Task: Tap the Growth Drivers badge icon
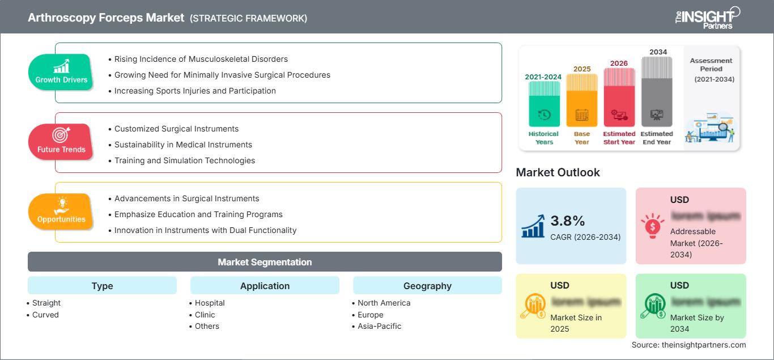(x=61, y=66)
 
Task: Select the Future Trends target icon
(x=61, y=135)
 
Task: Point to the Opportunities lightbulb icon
(x=61, y=205)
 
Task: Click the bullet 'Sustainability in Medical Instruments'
(x=183, y=145)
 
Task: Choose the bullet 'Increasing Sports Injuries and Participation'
(x=195, y=91)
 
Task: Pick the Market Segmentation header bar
(x=265, y=262)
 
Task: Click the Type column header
(x=102, y=286)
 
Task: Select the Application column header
(x=265, y=286)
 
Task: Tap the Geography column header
(x=427, y=286)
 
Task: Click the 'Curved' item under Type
(x=45, y=315)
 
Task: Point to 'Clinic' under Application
(x=205, y=315)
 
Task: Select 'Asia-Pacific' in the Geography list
(x=379, y=326)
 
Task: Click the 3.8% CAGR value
(x=568, y=221)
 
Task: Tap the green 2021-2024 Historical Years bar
(x=544, y=104)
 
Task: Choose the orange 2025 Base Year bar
(x=582, y=101)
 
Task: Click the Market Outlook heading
(x=558, y=172)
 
